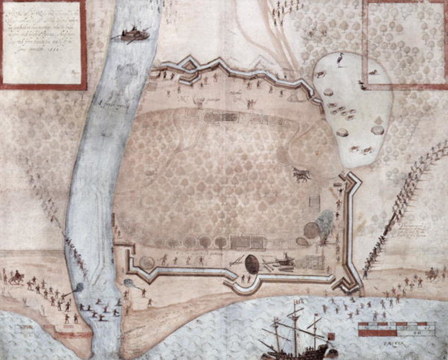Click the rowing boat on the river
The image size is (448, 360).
tap(134, 35)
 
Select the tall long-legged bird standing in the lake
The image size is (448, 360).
tap(340, 60)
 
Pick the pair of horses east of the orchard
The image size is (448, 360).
tap(301, 175)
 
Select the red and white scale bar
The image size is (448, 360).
tap(396, 329)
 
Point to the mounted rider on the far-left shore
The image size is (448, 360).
tap(17, 277)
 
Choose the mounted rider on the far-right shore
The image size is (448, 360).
tap(432, 273)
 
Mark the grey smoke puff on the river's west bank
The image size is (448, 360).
tap(78, 287)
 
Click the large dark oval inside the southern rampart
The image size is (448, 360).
tap(252, 264)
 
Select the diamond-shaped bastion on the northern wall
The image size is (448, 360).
tap(189, 65)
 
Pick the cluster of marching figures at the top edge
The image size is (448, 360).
tap(287, 9)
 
